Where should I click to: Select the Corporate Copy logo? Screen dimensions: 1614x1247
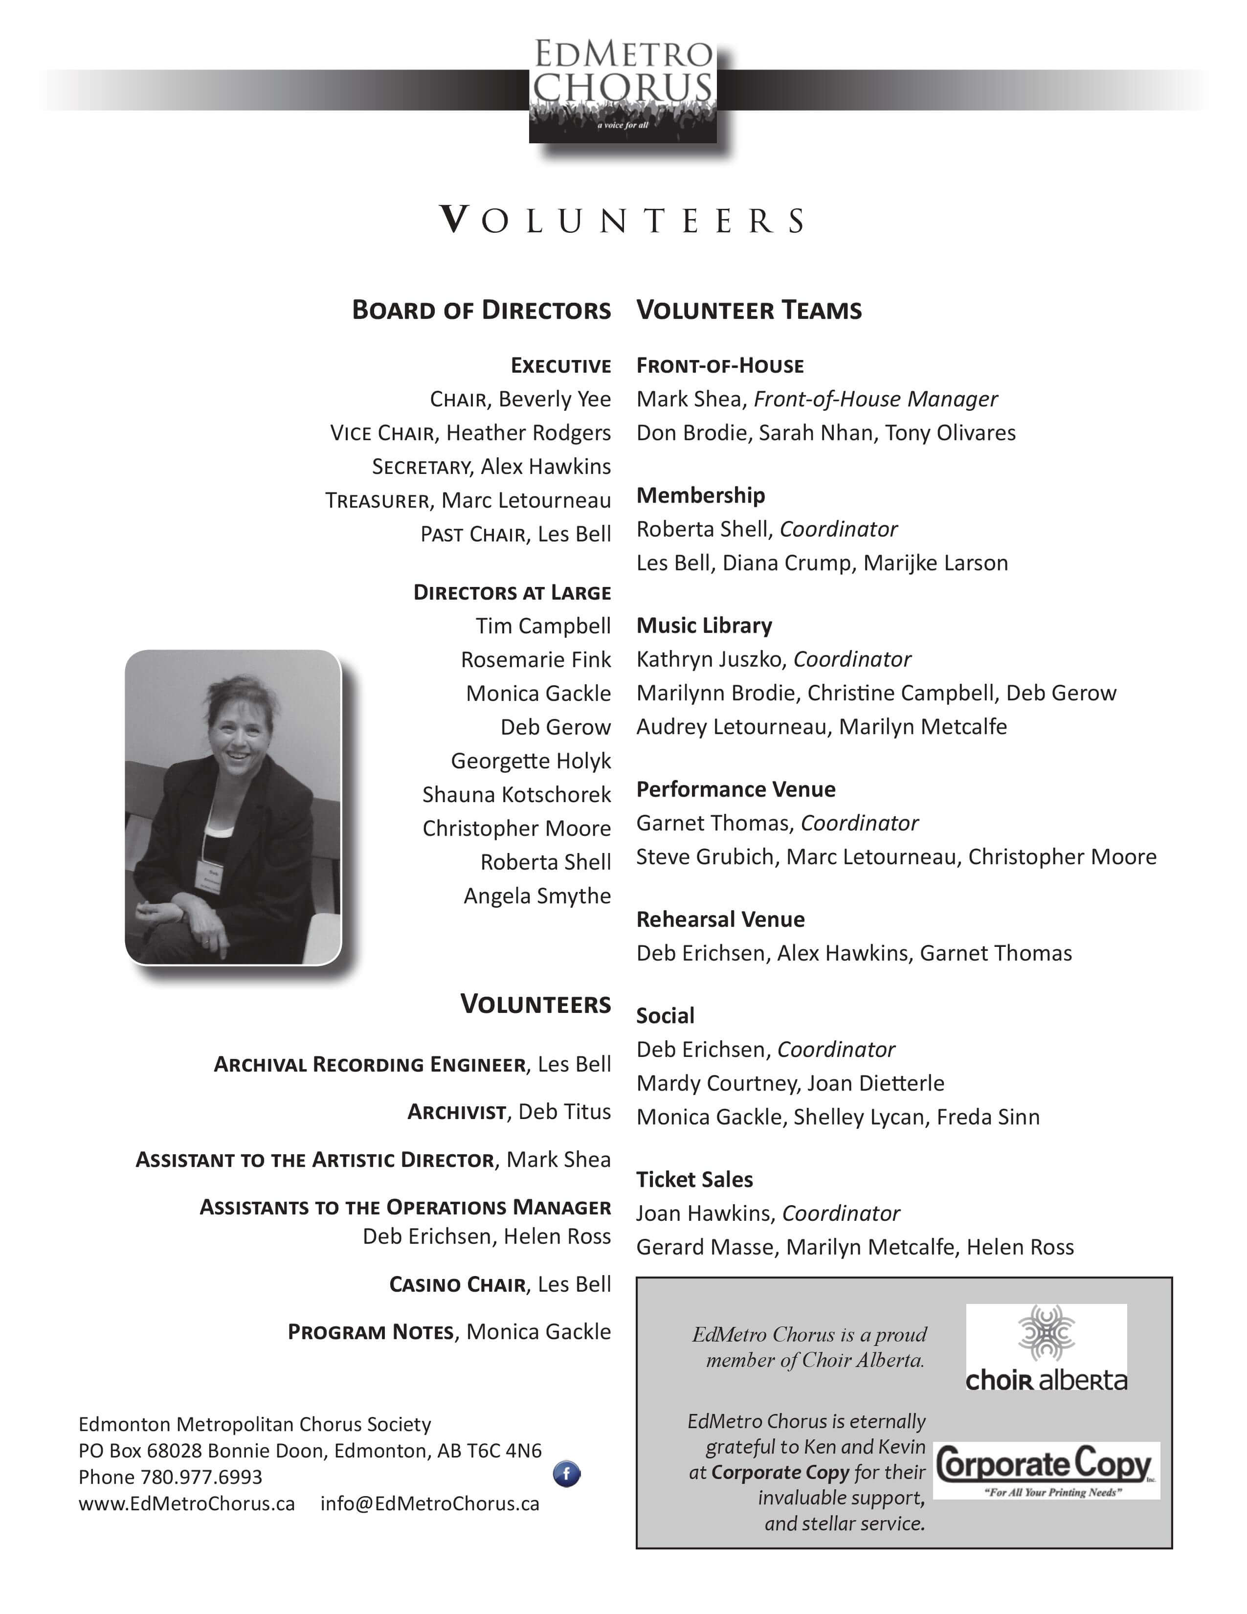pyautogui.click(x=1046, y=1470)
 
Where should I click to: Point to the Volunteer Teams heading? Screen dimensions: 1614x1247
pyautogui.click(x=748, y=310)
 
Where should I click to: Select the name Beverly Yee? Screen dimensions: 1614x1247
pyautogui.click(x=555, y=399)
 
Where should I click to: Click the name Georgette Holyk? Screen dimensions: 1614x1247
pyautogui.click(x=531, y=761)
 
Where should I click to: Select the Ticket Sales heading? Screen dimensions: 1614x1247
pyautogui.click(x=694, y=1180)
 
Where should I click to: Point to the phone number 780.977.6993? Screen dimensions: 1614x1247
pyautogui.click(x=201, y=1477)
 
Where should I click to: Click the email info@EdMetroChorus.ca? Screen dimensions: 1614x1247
pyautogui.click(x=429, y=1503)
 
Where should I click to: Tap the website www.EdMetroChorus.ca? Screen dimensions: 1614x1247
pyautogui.click(x=186, y=1503)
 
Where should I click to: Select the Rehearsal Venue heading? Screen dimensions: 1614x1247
pyautogui.click(x=720, y=919)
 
